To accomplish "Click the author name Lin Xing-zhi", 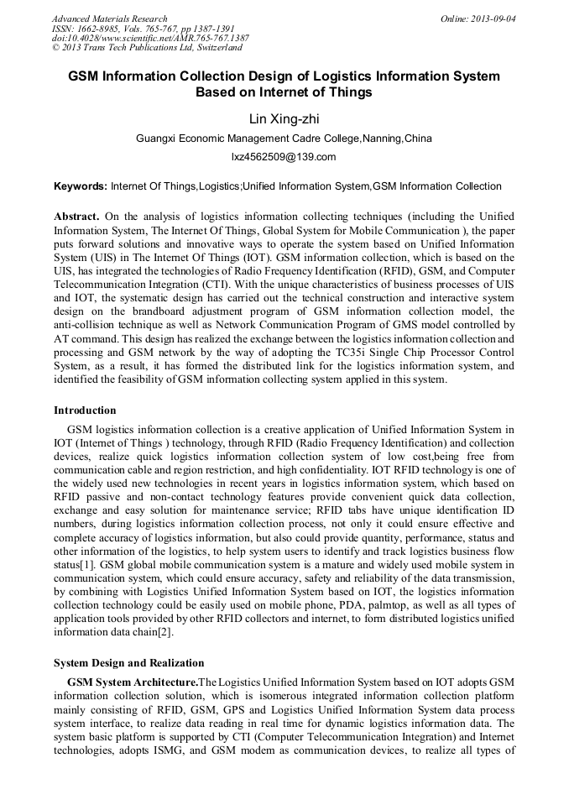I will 284,119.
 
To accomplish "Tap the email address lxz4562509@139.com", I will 284,157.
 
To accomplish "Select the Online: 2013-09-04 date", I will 478,18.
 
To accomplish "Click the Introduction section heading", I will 85,410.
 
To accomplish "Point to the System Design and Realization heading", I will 128,663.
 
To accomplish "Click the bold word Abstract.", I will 76,217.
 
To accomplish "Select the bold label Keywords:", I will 81,186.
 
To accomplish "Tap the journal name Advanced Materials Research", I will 109,18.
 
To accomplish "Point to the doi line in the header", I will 150,39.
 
